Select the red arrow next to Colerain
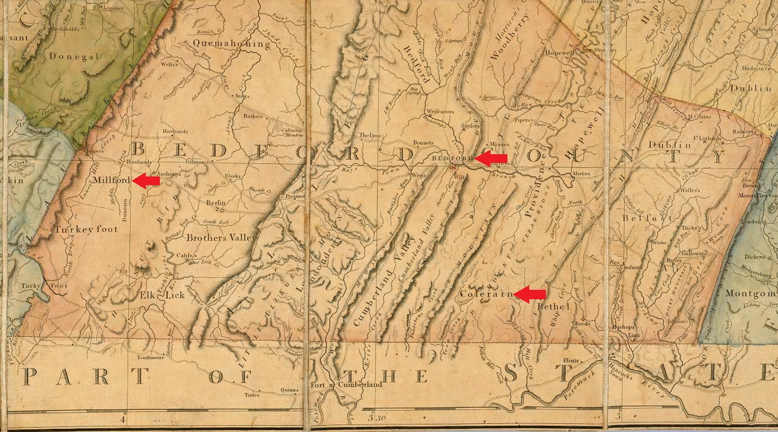pyautogui.click(x=530, y=294)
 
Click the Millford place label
pyautogui.click(x=111, y=180)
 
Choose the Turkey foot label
pyautogui.click(x=83, y=230)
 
